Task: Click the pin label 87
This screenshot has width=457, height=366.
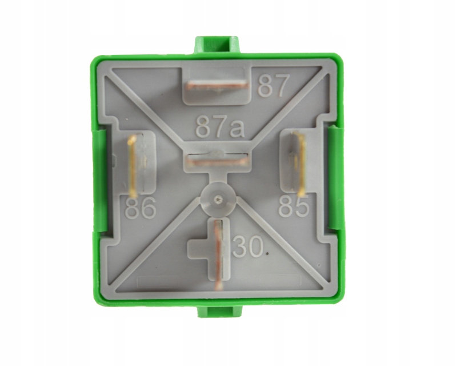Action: [271, 86]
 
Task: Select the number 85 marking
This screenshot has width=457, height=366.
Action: [294, 206]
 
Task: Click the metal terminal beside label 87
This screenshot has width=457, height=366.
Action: [217, 86]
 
